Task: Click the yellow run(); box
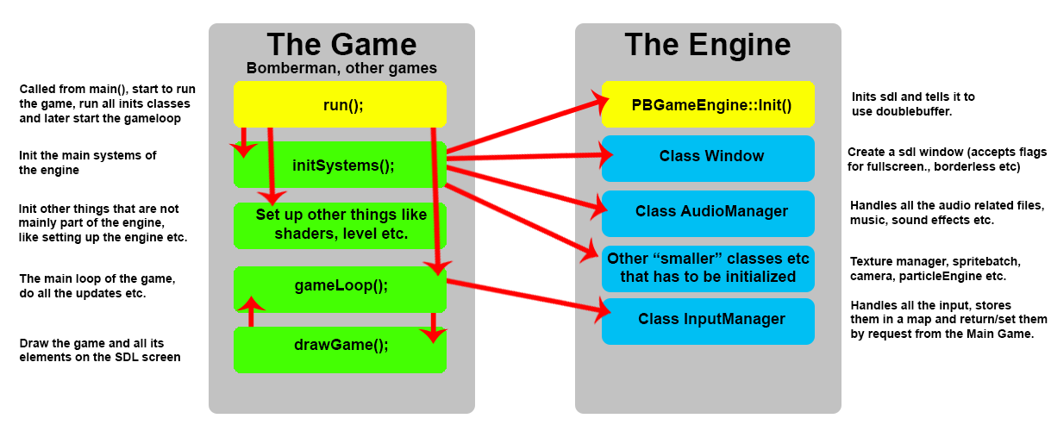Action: click(x=340, y=104)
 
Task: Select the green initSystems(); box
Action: click(x=340, y=165)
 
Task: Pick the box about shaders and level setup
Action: click(x=340, y=225)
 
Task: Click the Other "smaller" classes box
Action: click(x=708, y=268)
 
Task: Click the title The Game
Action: click(x=341, y=45)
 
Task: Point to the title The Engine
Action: click(x=708, y=45)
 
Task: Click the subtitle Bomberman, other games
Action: click(x=341, y=68)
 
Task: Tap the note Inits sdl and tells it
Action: click(x=913, y=103)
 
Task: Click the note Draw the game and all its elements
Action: click(x=100, y=350)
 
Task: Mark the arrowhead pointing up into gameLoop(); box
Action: click(x=251, y=303)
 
